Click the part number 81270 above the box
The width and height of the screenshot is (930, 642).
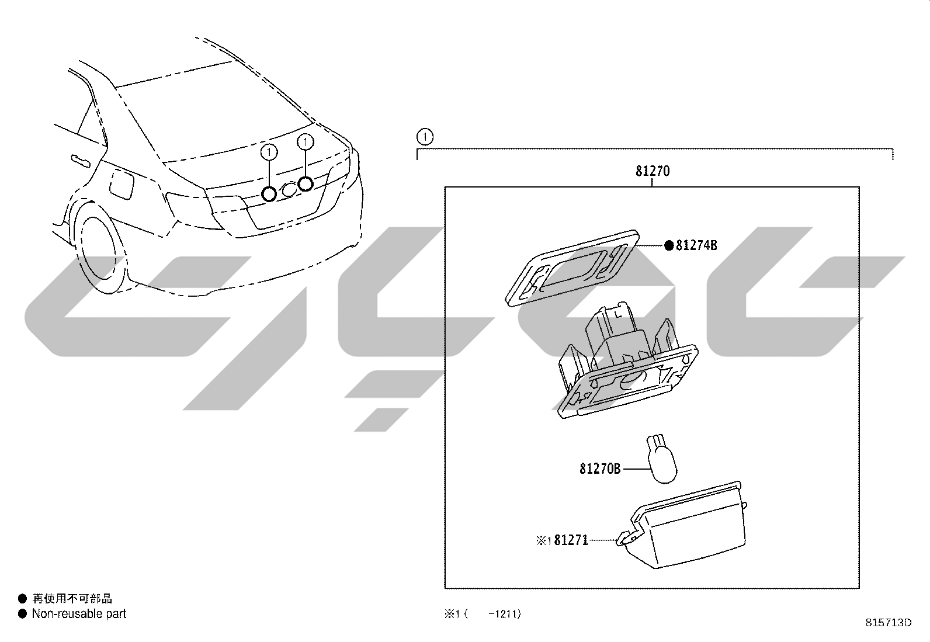point(653,171)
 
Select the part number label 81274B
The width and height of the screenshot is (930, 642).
point(696,245)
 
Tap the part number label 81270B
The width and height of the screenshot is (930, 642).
point(600,469)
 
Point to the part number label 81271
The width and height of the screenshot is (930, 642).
point(571,540)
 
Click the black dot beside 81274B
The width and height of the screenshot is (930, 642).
point(668,245)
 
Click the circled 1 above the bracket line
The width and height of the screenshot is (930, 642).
point(425,137)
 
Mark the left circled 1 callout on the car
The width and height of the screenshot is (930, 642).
point(269,152)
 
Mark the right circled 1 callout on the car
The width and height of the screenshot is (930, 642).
point(305,142)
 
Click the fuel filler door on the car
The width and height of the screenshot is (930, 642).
point(122,185)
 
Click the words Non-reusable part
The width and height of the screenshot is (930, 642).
point(79,614)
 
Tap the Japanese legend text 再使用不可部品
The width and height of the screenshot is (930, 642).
point(72,598)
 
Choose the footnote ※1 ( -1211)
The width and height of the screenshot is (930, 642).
point(483,614)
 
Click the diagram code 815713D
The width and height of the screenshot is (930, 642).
point(889,623)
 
